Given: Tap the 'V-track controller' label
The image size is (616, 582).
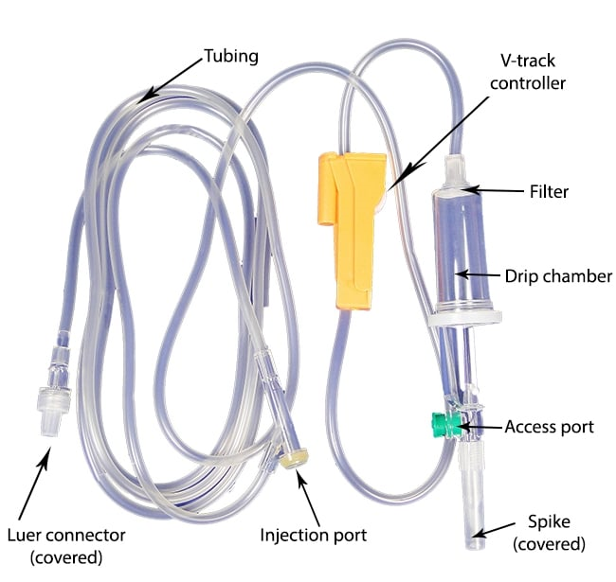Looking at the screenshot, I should click(533, 71).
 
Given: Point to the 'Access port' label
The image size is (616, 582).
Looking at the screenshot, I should click(550, 427).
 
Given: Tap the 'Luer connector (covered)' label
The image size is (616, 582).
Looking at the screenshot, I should click(65, 543).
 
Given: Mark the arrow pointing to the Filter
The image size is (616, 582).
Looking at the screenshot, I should click(493, 191).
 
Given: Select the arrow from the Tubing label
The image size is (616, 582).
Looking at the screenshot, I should click(171, 78).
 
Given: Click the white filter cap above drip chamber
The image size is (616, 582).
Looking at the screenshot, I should click(454, 179).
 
